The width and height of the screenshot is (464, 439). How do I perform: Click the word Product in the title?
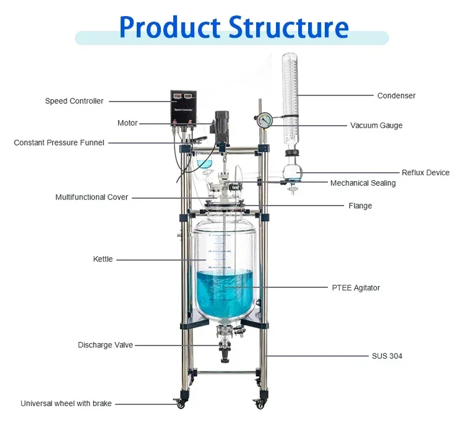pos(168,27)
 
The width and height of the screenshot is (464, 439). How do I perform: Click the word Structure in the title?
pos(286,27)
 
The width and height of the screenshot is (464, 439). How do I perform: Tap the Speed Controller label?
pos(74,101)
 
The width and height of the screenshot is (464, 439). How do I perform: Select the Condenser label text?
pos(397,95)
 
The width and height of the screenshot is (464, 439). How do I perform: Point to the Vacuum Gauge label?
pos(376,125)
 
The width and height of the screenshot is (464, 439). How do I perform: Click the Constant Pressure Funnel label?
pos(59,142)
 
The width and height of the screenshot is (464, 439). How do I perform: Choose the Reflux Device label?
pos(426,173)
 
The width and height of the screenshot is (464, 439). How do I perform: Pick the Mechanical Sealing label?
pos(363,183)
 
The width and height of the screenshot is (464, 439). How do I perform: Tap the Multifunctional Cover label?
pos(92,198)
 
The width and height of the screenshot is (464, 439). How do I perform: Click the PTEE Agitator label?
pos(356,287)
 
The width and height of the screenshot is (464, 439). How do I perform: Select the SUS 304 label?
pos(387,356)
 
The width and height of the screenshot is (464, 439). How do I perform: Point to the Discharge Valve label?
pos(105,345)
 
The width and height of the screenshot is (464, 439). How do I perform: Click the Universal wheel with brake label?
pos(66,404)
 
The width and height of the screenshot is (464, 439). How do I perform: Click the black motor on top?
pos(221,124)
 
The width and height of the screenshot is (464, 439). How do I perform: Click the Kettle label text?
pos(103,259)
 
